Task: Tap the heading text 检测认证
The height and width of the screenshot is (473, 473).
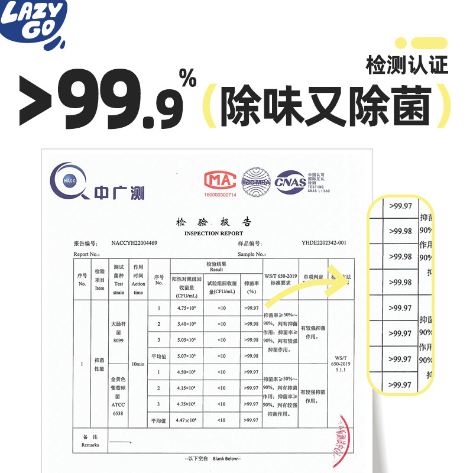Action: (407, 64)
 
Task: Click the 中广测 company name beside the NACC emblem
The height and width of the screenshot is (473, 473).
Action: (119, 192)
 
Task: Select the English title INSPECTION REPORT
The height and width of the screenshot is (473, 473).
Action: (213, 233)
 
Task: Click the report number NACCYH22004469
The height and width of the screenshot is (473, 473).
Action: (134, 243)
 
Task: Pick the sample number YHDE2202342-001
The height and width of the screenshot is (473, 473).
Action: (324, 243)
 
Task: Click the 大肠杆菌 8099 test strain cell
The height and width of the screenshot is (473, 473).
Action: (118, 332)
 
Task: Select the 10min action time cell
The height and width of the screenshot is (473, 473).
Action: (138, 364)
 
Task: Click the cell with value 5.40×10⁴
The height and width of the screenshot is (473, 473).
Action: (186, 324)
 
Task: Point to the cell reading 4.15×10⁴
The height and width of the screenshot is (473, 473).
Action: (186, 388)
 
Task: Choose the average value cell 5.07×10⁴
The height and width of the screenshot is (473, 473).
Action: (186, 356)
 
